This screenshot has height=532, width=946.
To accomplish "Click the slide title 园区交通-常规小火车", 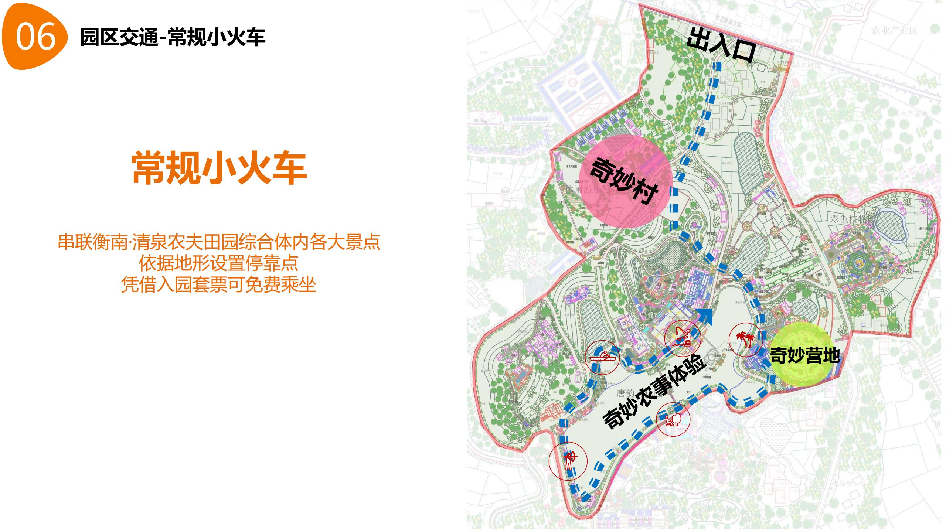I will coord(173,37).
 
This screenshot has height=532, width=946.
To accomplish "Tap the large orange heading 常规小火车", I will coord(220,168).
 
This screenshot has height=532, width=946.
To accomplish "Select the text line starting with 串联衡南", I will coord(219,242).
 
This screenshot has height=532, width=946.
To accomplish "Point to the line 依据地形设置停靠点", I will coord(219,263).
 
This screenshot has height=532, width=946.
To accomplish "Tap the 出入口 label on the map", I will coord(721,48).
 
